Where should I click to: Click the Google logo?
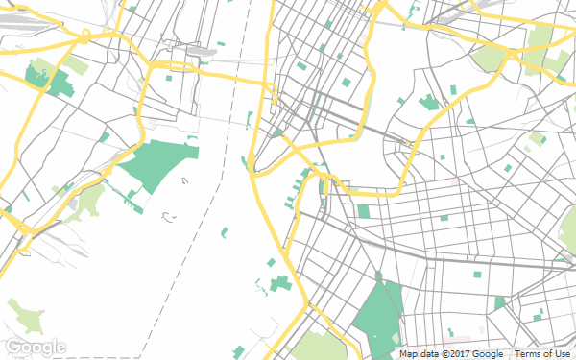click(36, 347)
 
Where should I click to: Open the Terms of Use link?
click(542, 353)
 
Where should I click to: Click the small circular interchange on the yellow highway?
click(85, 37)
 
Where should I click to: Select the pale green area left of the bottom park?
click(316, 346)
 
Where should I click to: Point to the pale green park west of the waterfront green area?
click(89, 199)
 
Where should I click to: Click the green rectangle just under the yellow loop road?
click(364, 211)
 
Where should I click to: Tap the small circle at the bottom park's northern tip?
click(378, 276)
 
